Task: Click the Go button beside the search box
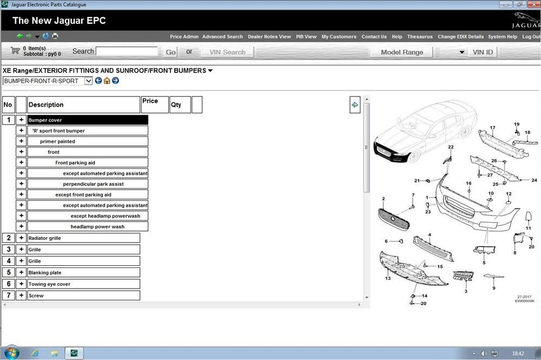point(171,52)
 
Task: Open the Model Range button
point(401,52)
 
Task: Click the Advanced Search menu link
point(222,37)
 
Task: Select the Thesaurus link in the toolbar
point(420,37)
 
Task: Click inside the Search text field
point(127,51)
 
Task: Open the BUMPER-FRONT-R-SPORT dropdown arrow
point(88,81)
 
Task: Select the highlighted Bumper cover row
point(88,120)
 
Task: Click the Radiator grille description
point(44,238)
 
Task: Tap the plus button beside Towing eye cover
point(21,284)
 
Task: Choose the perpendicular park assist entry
point(93,184)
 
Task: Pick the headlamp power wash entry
point(97,226)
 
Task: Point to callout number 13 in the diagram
point(388,278)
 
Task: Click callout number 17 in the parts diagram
point(492,128)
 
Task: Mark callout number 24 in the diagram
point(534,180)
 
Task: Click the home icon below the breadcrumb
point(107,81)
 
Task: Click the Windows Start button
point(11,353)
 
